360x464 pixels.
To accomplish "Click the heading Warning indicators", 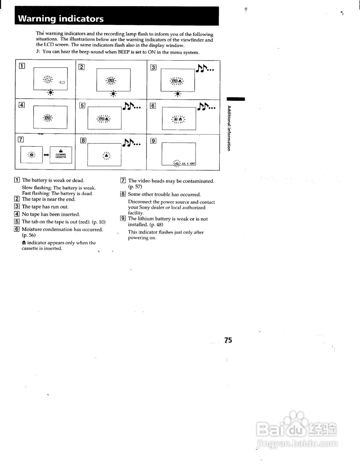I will [61, 19].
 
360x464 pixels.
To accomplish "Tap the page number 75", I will [228, 340].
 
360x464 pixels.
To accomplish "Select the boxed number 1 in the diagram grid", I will [22, 66].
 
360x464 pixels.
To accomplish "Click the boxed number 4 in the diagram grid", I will [22, 105].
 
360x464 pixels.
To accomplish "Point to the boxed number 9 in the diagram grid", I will [153, 141].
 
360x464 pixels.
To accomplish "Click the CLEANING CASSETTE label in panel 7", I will [61, 156].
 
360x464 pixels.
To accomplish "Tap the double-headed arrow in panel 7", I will [46, 155].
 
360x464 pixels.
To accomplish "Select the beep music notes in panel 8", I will [132, 143].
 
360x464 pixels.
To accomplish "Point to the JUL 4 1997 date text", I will [189, 164].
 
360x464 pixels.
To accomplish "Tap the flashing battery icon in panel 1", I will [48, 79].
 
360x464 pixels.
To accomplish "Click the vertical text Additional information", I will [229, 128].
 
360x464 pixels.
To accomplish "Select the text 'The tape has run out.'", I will [45, 207].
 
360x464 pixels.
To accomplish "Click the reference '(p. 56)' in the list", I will [29, 235].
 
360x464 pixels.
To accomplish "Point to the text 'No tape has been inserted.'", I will [51, 215].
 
